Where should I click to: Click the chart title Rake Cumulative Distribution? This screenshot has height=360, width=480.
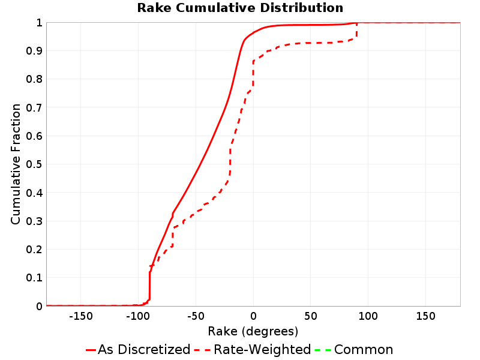(x=240, y=8)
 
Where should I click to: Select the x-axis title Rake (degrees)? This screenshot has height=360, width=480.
(x=253, y=331)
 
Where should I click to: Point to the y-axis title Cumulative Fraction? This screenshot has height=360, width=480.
(x=16, y=164)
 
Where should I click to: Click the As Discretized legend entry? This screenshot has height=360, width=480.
(x=138, y=349)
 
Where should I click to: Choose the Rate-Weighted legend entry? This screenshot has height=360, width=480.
(x=253, y=349)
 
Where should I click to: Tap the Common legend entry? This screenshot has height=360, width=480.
(x=354, y=349)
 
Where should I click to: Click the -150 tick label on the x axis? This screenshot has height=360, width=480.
(x=81, y=316)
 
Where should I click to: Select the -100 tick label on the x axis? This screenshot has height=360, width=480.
(x=138, y=316)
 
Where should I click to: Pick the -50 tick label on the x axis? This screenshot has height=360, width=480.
(x=196, y=316)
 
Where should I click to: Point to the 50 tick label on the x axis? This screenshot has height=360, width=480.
(x=311, y=316)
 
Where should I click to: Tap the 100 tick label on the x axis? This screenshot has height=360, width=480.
(x=368, y=316)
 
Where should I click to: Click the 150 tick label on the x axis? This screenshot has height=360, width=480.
(x=425, y=316)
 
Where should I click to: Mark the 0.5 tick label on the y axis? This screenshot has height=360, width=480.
(x=34, y=164)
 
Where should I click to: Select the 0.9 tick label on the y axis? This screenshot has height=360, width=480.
(x=34, y=50)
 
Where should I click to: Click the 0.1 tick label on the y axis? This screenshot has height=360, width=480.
(x=34, y=278)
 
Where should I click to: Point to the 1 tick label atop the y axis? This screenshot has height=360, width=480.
(x=39, y=22)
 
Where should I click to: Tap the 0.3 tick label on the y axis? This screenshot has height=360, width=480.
(x=34, y=221)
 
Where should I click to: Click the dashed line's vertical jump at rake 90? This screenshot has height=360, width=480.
(x=356, y=31)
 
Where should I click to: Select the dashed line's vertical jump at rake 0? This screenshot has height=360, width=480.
(x=253, y=74)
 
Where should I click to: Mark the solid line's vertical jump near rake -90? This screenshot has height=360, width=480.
(x=149, y=286)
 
